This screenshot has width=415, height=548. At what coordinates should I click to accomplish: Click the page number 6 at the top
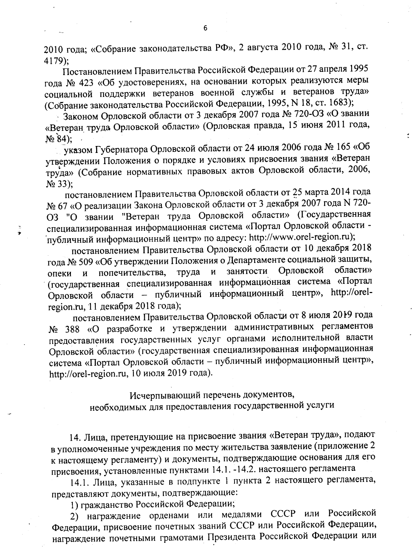[x=205, y=28]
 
